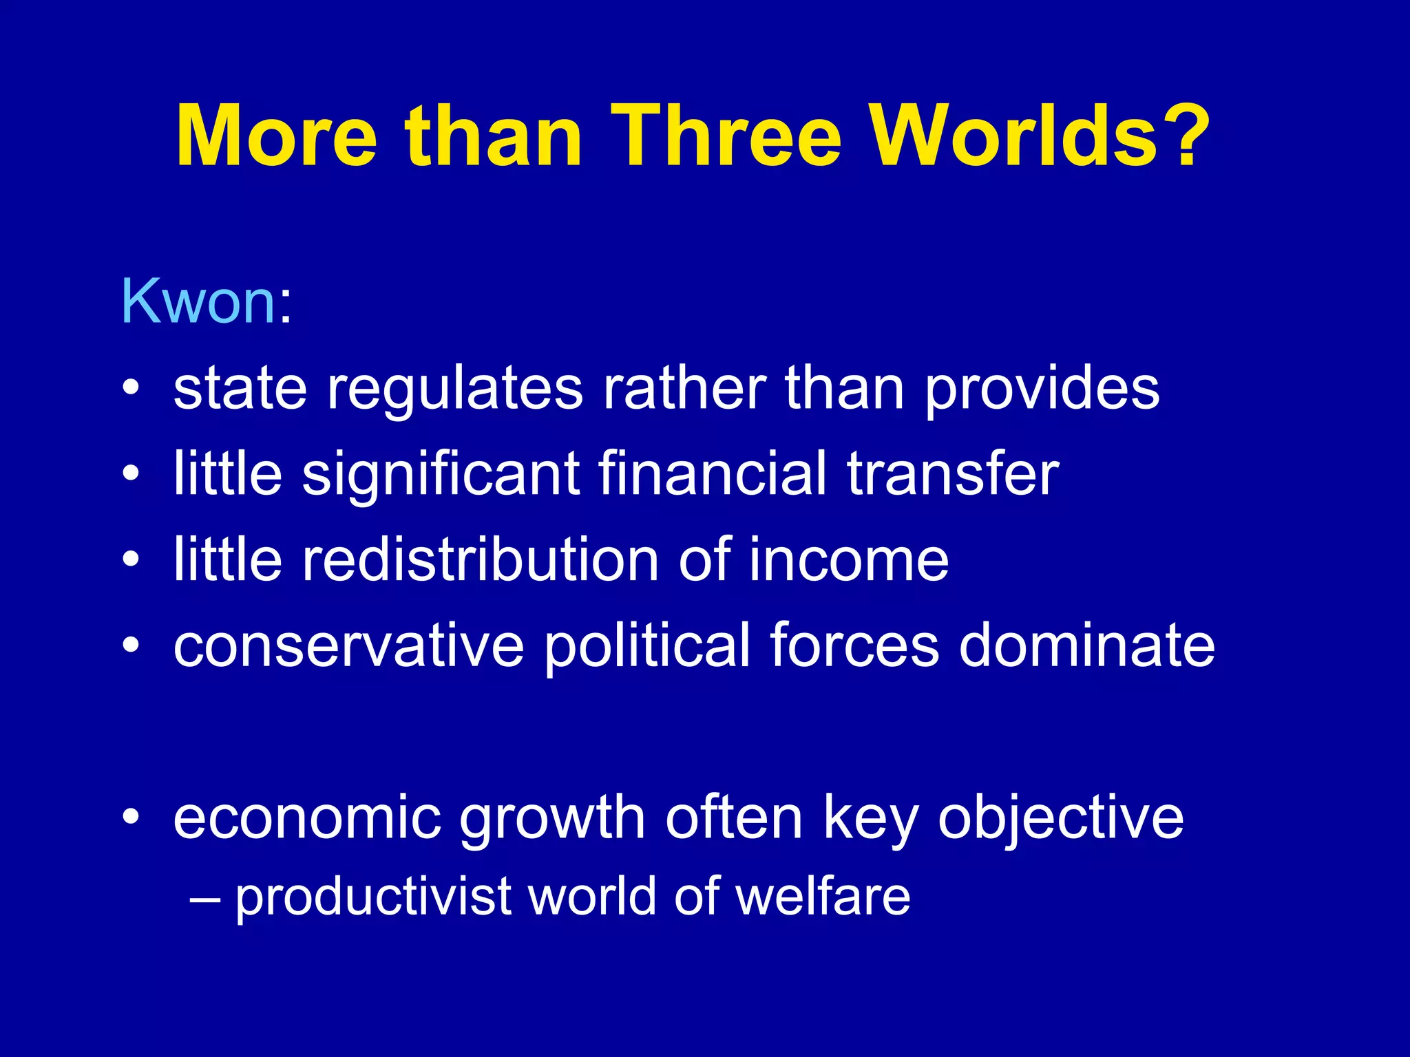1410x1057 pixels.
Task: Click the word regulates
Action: (455, 389)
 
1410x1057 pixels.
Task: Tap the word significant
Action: (441, 475)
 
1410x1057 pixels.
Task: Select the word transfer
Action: (953, 475)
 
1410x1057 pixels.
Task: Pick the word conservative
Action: (348, 645)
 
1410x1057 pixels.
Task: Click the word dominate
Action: (1087, 645)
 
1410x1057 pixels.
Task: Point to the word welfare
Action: (823, 896)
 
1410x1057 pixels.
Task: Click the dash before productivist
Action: (204, 897)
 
